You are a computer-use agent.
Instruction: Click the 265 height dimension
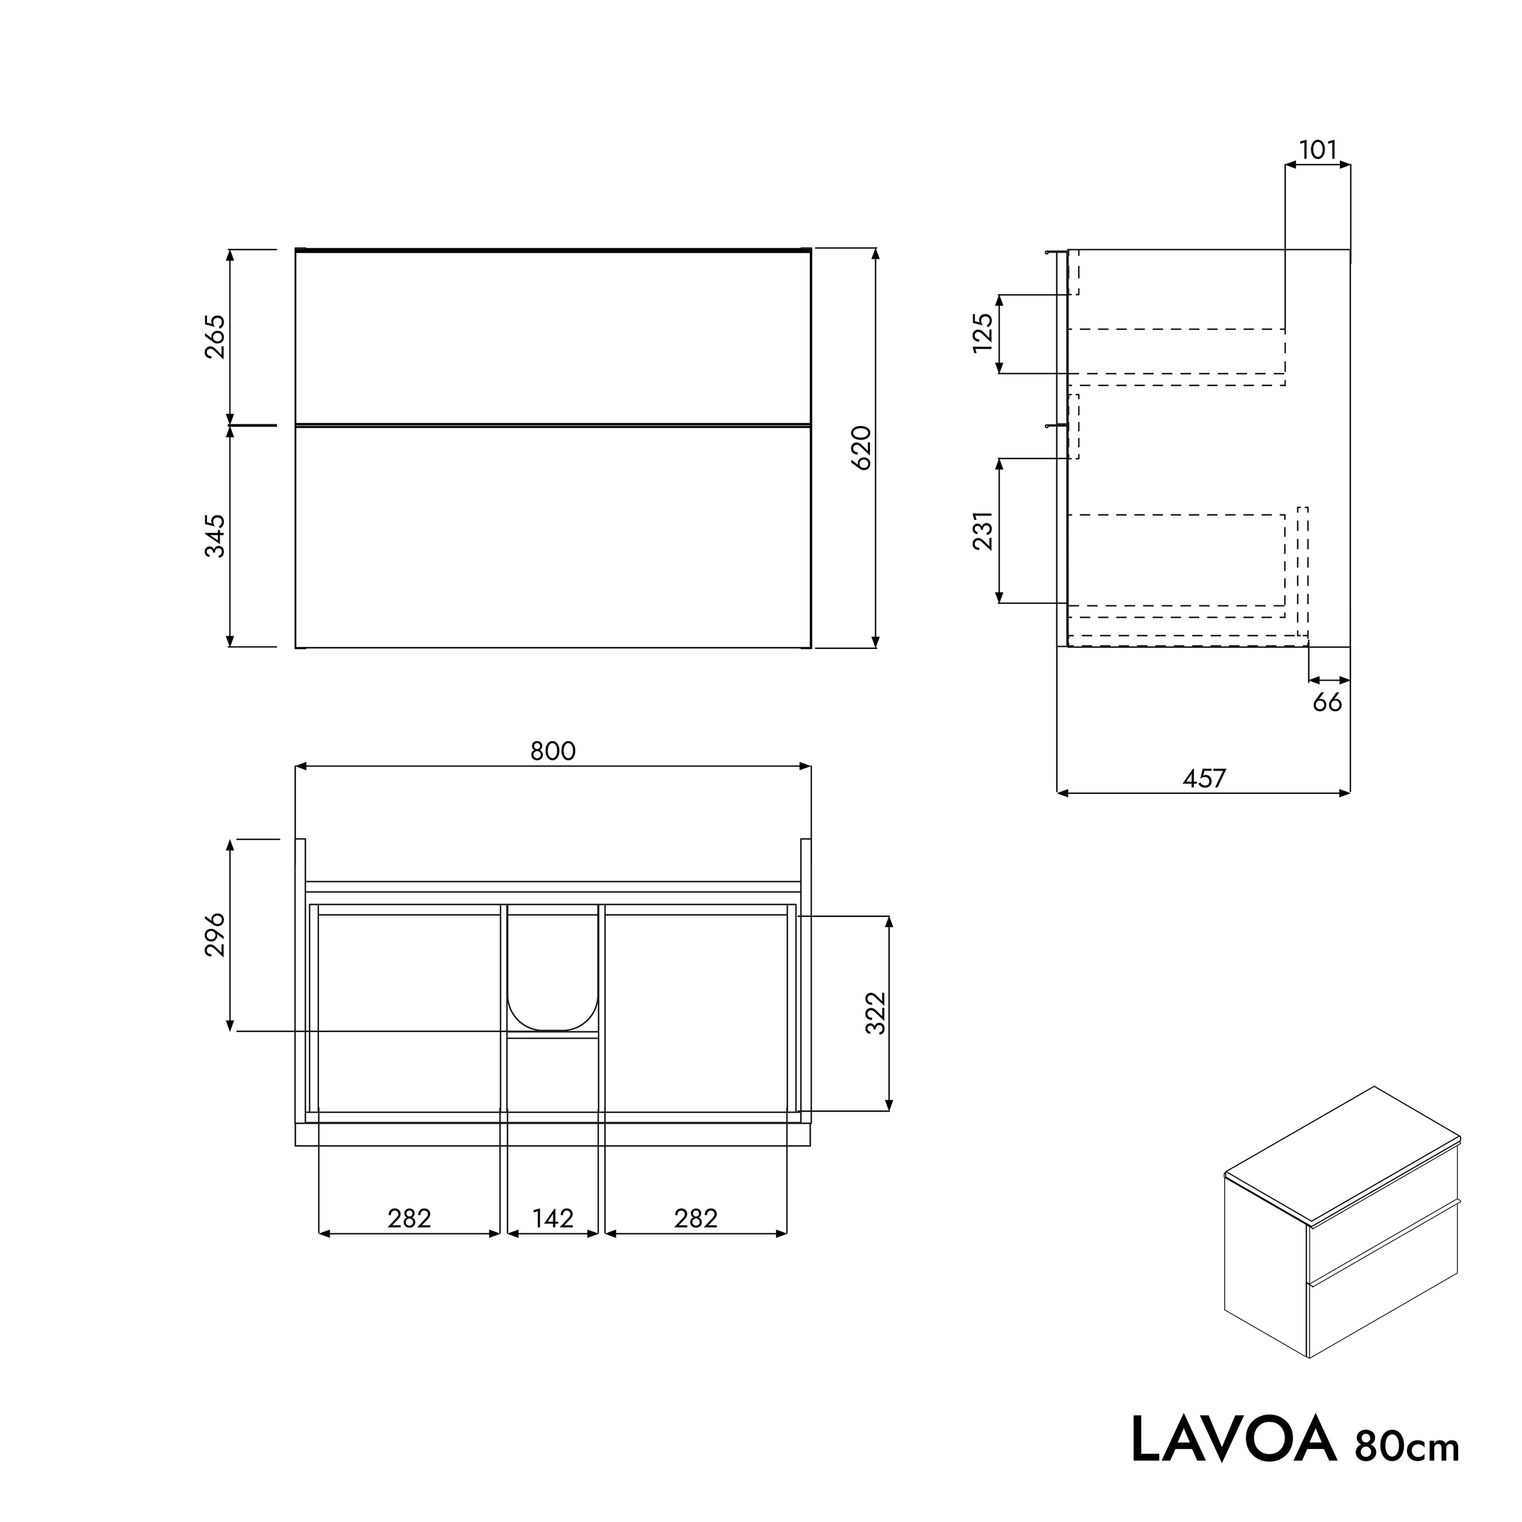coord(215,337)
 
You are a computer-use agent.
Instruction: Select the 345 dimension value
coord(215,536)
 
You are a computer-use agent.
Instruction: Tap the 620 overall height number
coord(862,447)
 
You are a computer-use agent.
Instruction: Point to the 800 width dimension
coord(552,751)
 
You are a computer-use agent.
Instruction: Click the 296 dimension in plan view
coord(215,935)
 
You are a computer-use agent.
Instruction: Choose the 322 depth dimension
coord(875,1013)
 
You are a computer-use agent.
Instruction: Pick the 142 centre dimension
coord(552,1219)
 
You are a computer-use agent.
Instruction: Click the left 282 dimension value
coord(409,1219)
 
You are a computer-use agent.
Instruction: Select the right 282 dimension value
coord(696,1219)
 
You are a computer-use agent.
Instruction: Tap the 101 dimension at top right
coord(1317,150)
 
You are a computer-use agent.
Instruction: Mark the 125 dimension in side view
coord(983,333)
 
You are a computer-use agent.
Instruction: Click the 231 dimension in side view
coord(983,531)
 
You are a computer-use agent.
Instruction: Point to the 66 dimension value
coord(1327,703)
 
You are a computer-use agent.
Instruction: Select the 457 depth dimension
coord(1204,778)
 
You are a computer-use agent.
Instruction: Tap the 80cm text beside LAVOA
coord(1407,1447)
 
